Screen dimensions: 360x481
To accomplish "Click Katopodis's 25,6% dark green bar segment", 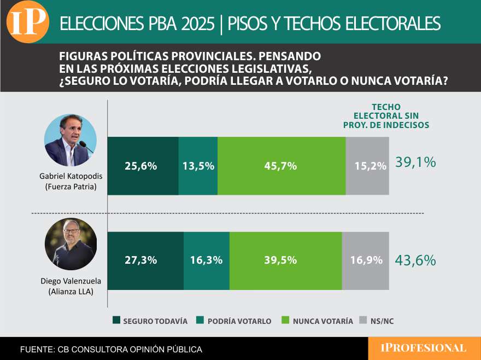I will click(143, 166).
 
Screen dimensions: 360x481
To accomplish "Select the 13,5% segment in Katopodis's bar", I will click(198, 166).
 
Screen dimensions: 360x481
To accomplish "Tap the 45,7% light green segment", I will click(281, 166).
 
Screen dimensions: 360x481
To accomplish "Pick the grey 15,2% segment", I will click(367, 166).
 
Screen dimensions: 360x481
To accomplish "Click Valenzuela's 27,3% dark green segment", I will click(146, 260).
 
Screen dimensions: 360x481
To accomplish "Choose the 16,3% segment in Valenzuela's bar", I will click(207, 260).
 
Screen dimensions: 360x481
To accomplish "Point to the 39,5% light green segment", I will click(286, 260).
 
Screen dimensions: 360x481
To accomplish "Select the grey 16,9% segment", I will click(366, 260).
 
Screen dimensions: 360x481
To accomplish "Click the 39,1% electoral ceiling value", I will click(415, 162).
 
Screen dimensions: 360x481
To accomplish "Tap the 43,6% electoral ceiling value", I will click(415, 260).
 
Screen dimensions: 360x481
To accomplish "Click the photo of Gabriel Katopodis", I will click(71, 140).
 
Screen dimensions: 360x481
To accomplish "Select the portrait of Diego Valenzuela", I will click(71, 244).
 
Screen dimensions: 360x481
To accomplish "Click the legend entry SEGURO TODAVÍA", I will click(150, 321).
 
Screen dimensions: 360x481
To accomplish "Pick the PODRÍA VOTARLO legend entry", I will click(234, 321).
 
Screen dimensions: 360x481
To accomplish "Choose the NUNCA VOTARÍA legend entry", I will click(317, 321).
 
